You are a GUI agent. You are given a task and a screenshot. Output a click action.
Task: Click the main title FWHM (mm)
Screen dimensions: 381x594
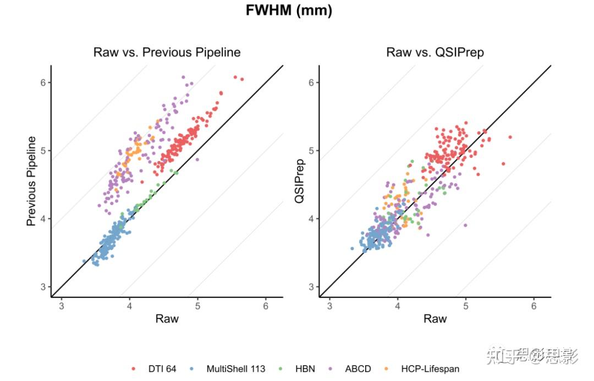click(x=289, y=11)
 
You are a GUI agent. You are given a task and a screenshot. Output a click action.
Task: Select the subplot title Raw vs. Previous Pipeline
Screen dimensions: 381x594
click(x=167, y=53)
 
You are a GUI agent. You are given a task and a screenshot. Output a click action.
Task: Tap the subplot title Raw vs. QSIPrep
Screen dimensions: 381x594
click(x=435, y=53)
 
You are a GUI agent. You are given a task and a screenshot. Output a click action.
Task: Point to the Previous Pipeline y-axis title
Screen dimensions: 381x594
click(x=32, y=181)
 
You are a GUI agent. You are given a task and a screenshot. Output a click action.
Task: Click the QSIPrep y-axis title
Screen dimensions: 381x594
click(x=300, y=181)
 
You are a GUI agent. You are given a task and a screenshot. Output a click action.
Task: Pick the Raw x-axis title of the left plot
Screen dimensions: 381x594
click(x=167, y=319)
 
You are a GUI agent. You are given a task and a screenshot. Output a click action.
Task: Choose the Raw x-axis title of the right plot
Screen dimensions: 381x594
click(x=435, y=319)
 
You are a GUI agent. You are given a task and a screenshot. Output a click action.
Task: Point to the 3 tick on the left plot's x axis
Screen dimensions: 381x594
click(x=62, y=306)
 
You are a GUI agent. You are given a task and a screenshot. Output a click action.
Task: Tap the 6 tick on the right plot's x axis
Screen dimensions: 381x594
click(x=533, y=306)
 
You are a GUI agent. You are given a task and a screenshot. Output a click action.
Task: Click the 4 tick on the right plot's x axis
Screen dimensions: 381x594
click(x=398, y=306)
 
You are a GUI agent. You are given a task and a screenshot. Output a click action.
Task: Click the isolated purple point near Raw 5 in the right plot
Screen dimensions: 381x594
click(x=465, y=225)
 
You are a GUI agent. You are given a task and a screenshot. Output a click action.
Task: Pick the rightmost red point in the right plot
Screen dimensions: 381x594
click(x=510, y=137)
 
